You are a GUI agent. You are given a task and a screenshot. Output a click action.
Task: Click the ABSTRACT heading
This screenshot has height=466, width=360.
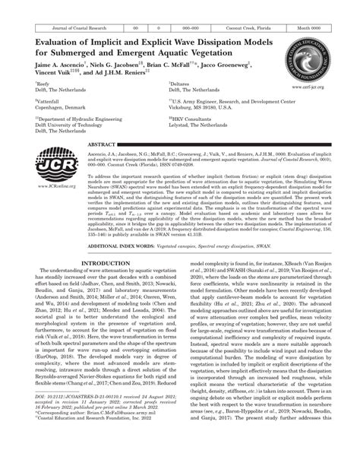(102, 144)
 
